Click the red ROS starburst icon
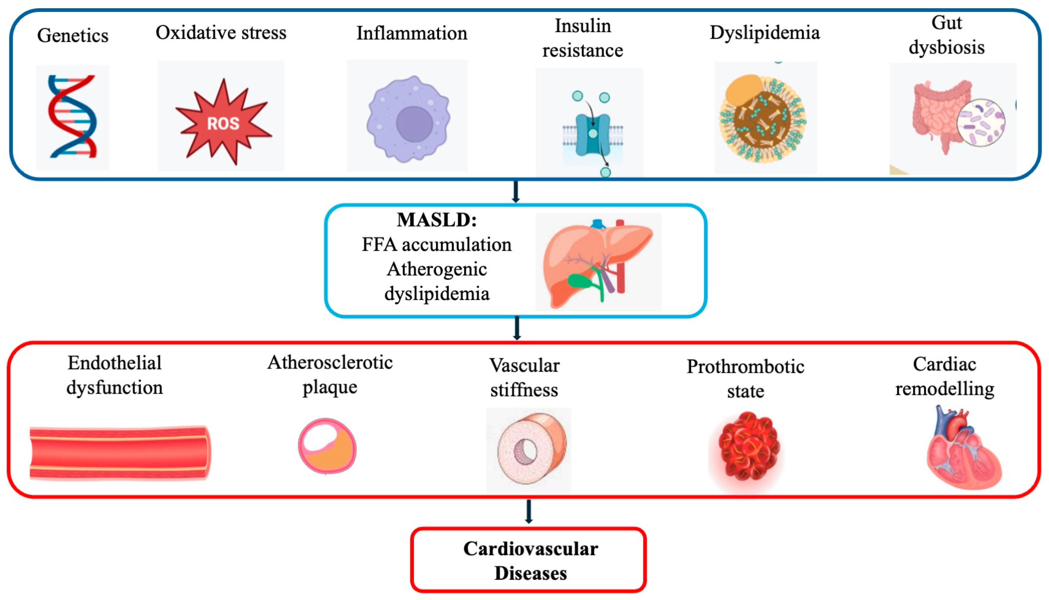coord(223,121)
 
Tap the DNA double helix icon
coord(72,116)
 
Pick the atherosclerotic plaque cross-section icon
coord(327,446)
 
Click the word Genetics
coord(73,36)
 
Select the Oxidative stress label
coord(221,32)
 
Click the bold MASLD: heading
coord(437,220)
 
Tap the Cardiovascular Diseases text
coord(530,561)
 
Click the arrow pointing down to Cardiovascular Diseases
coord(529,511)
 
